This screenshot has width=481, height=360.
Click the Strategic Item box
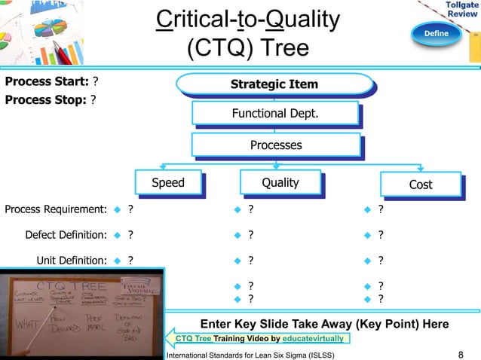click(x=274, y=84)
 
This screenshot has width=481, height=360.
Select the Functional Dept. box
click(x=274, y=114)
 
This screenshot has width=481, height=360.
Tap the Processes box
click(x=275, y=145)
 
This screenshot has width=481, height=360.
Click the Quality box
click(x=280, y=182)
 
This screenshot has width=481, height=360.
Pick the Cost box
click(x=420, y=184)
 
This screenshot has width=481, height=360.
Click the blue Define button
click(x=436, y=33)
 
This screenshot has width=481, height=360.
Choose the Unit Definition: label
click(x=71, y=261)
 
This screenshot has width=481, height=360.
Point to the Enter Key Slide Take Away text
click(x=324, y=324)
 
